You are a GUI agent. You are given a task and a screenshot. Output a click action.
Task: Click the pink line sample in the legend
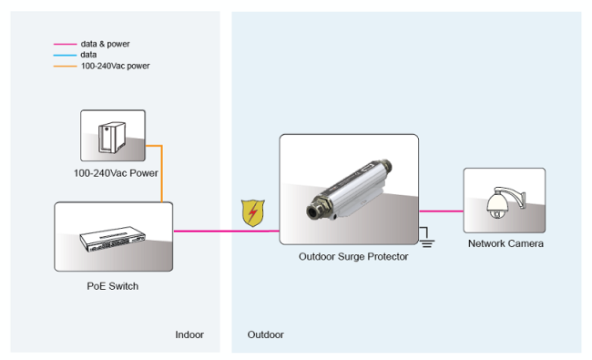65,44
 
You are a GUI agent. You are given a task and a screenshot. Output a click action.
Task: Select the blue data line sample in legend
65,56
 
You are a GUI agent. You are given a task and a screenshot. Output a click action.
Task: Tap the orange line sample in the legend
65,67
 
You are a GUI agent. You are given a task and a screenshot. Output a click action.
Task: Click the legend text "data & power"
105,44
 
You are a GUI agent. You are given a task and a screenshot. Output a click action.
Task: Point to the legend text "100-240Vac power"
115,67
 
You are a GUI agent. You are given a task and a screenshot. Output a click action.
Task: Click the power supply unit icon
112,137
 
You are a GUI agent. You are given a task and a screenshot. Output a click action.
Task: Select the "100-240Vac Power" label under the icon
116,173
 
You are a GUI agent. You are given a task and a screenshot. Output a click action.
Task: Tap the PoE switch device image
113,239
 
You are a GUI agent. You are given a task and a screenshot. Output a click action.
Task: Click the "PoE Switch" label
113,286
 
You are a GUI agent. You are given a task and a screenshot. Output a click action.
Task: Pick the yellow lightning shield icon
253,213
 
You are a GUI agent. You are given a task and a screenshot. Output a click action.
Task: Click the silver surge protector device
349,189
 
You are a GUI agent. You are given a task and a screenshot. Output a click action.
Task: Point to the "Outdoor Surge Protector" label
353,256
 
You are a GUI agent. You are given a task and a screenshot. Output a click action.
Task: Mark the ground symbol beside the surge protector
426,239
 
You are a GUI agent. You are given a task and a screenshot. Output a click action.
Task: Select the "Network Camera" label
505,243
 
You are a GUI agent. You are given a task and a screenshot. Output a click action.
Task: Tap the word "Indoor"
189,334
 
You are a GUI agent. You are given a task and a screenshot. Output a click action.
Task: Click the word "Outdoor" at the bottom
265,334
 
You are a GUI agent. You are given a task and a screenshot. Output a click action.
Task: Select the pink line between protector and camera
441,211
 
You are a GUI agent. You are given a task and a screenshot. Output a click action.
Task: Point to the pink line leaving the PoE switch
227,231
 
